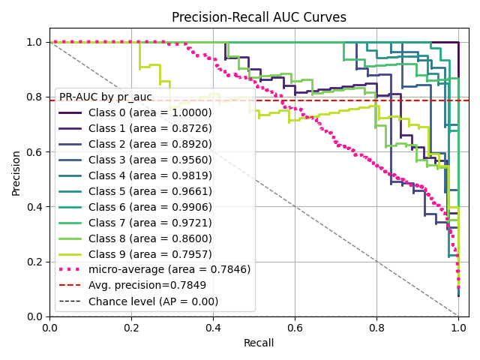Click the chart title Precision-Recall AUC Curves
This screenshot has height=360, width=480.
pyautogui.click(x=259, y=17)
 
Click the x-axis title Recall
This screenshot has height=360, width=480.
pyautogui.click(x=258, y=343)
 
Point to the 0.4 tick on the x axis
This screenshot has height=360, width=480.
pyautogui.click(x=213, y=327)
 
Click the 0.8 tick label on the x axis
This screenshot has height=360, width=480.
pyautogui.click(x=376, y=327)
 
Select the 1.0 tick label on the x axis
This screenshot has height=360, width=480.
pyautogui.click(x=458, y=327)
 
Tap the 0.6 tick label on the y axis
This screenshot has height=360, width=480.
pyautogui.click(x=34, y=152)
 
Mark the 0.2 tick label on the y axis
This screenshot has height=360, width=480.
pyautogui.click(x=34, y=262)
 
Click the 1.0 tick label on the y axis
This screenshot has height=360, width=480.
pyautogui.click(x=34, y=42)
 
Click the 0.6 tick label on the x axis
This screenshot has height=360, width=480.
pyautogui.click(x=295, y=327)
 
